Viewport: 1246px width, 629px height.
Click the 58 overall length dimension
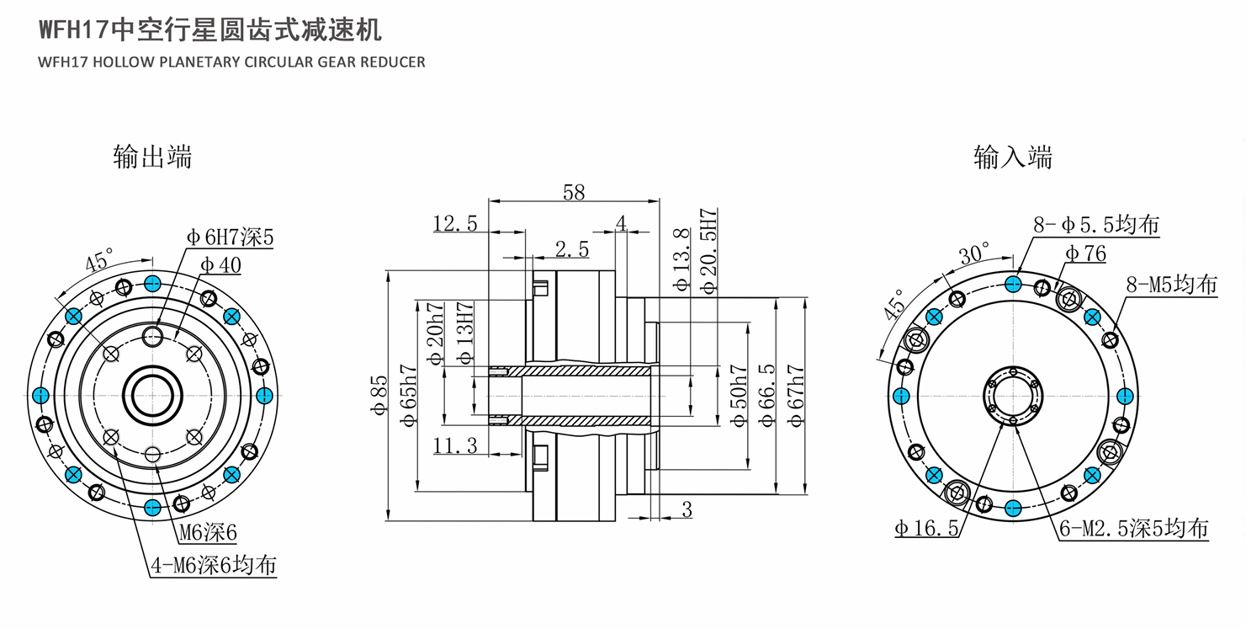pyautogui.click(x=574, y=193)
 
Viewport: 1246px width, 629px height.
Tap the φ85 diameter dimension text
pyautogui.click(x=379, y=395)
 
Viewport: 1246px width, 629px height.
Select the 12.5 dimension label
pyautogui.click(x=455, y=223)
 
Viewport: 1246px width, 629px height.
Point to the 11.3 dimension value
pyautogui.click(x=455, y=445)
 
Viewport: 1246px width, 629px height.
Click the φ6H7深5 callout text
pyautogui.click(x=231, y=237)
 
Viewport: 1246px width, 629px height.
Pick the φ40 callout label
pyautogui.click(x=220, y=265)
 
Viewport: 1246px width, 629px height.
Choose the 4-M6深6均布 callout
pyautogui.click(x=214, y=566)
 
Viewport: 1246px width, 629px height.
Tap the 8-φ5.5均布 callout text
pyautogui.click(x=1096, y=225)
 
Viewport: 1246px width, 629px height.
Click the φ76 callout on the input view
pyautogui.click(x=1086, y=253)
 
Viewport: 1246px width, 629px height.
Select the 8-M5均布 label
pyautogui.click(x=1172, y=285)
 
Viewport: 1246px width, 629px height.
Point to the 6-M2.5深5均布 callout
pyautogui.click(x=1134, y=528)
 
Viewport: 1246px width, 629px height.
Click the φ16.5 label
pyautogui.click(x=926, y=528)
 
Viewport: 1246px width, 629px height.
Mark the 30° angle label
pyautogui.click(x=974, y=254)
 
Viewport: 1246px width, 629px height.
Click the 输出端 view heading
pyautogui.click(x=152, y=157)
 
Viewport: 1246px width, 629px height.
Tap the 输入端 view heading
pyautogui.click(x=1013, y=157)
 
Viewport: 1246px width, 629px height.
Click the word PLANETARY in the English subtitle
pyautogui.click(x=199, y=61)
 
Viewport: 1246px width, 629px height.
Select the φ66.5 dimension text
pyautogui.click(x=766, y=395)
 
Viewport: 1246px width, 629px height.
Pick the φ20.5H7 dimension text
pyautogui.click(x=708, y=251)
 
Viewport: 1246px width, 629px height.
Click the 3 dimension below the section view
pyautogui.click(x=687, y=509)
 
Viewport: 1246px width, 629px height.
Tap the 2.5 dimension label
pyautogui.click(x=572, y=248)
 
